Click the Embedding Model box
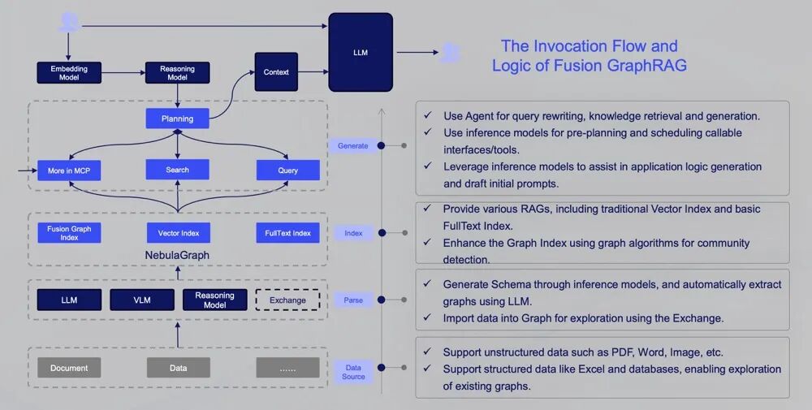coord(69,72)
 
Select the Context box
coord(276,72)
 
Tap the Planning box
coord(177,119)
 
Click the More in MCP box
coord(69,170)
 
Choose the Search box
coord(177,170)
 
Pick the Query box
coord(287,170)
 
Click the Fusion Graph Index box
coord(69,233)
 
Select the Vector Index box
coord(178,233)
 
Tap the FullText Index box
coord(287,233)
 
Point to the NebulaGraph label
coord(178,255)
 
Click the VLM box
coord(142,300)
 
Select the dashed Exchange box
coord(287,300)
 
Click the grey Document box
coord(69,368)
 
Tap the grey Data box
coord(178,368)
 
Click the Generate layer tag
coord(353,146)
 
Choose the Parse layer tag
coord(353,300)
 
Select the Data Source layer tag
coord(353,372)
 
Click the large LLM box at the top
coord(361,53)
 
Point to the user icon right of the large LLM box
coord(450,53)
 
